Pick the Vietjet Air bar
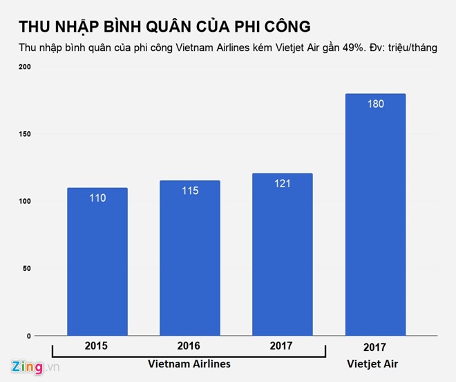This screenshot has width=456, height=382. tap(375, 214)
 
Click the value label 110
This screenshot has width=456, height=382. tap(97, 198)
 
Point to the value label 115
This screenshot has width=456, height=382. tap(190, 191)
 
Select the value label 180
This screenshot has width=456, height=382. tap(375, 104)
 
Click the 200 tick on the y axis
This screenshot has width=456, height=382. tap(26, 67)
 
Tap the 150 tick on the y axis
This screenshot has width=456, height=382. tap(26, 134)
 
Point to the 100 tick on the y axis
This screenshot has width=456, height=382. tap(26, 201)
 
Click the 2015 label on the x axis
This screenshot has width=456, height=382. tap(97, 345)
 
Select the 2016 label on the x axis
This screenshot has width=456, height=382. tap(190, 345)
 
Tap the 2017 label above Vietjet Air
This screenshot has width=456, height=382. tap(375, 347)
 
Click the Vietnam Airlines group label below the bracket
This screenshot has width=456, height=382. tap(189, 364)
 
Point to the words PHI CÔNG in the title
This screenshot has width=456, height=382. tap(263, 26)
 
